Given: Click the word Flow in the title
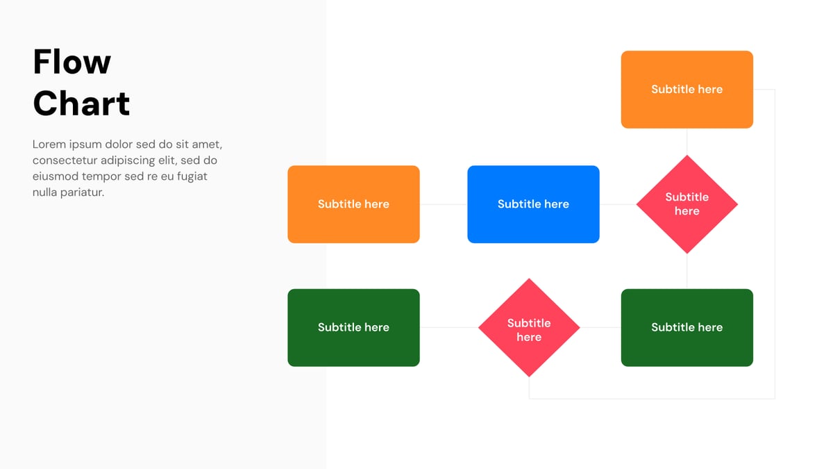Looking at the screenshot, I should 71,62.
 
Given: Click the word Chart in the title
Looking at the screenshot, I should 81,104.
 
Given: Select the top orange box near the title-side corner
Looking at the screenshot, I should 687,89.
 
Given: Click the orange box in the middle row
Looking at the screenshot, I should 353,204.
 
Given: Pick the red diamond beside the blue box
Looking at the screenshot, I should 687,204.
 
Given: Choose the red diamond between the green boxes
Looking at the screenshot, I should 529,328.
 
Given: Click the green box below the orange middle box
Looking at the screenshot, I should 353,327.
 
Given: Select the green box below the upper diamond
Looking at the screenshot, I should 687,327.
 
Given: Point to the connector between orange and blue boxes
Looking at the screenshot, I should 443,204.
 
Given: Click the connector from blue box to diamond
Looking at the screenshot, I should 617,204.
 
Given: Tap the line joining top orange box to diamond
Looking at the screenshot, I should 687,142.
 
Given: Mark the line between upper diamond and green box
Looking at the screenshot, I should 687,271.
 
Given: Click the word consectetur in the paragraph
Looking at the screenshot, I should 65,161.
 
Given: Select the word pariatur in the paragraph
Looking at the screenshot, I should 82,192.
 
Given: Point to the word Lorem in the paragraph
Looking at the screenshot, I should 48,145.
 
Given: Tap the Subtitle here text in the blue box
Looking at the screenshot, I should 533,204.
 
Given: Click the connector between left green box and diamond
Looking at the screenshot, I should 448,327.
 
